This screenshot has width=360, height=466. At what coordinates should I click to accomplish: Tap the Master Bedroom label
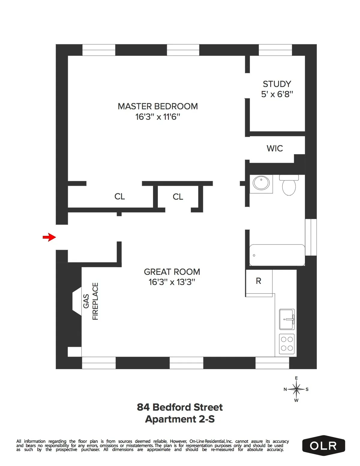click(x=157, y=107)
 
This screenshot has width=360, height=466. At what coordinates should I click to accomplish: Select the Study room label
click(x=277, y=84)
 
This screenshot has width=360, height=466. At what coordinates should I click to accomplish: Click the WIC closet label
click(x=274, y=148)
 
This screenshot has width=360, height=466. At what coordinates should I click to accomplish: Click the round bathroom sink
click(x=261, y=183)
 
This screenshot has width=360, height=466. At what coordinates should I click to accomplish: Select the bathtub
click(x=277, y=255)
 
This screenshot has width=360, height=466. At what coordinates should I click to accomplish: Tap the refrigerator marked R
click(x=259, y=281)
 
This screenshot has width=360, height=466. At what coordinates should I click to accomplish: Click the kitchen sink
click(x=287, y=319)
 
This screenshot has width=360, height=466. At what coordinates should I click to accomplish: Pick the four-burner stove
click(x=287, y=344)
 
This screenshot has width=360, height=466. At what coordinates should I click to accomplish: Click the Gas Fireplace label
click(x=91, y=301)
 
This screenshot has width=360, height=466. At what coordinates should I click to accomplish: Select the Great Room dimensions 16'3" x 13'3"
click(x=172, y=282)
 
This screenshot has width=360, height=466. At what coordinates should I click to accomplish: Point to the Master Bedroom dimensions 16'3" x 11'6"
click(x=157, y=117)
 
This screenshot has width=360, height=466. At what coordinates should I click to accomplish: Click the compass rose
click(x=296, y=389)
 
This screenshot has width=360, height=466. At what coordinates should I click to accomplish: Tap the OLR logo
click(x=323, y=446)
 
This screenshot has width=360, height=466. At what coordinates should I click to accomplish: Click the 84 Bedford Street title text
click(x=180, y=407)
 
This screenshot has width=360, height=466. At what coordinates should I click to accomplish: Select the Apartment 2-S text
click(x=180, y=419)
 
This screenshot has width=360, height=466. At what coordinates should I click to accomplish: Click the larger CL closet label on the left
click(x=119, y=197)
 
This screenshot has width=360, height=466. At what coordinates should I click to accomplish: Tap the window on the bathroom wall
click(x=311, y=237)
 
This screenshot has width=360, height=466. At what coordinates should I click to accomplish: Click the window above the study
click(x=275, y=50)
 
